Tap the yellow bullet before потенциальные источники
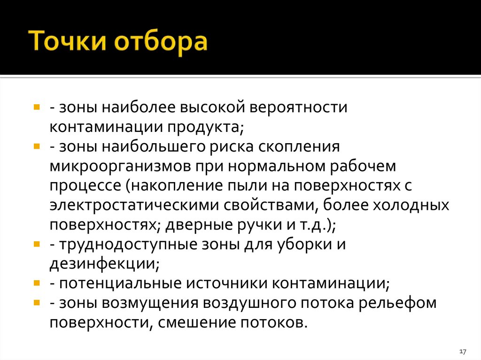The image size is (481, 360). pyautogui.click(x=37, y=283)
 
